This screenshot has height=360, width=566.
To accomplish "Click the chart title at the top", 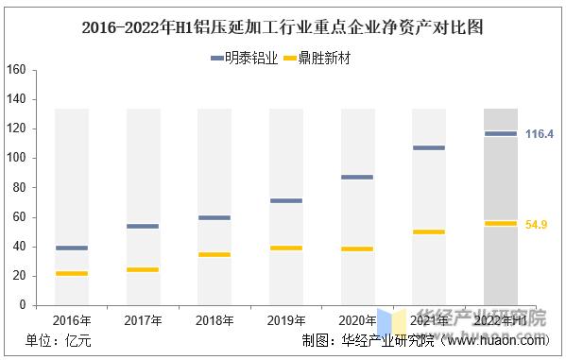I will pyautogui.click(x=283, y=26).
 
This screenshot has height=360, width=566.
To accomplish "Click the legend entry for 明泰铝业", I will pyautogui.click(x=244, y=58).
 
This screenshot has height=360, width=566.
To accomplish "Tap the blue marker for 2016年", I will pyautogui.click(x=71, y=248).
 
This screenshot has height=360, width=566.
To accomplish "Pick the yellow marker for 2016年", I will pyautogui.click(x=71, y=273).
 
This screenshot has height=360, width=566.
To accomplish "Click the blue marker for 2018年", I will pyautogui.click(x=214, y=217).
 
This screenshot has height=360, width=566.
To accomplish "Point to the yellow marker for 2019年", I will pyautogui.click(x=286, y=248).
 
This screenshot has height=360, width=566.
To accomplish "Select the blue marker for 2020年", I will pyautogui.click(x=357, y=177).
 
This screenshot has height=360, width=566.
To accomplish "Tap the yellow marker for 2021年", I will pyautogui.click(x=429, y=231).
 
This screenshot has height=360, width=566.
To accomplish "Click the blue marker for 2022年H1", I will pyautogui.click(x=501, y=133).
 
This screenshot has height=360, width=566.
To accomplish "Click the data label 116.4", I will pyautogui.click(x=539, y=134).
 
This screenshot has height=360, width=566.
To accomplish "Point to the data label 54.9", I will pyautogui.click(x=537, y=224).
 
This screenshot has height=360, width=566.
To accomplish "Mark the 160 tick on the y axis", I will pyautogui.click(x=15, y=70).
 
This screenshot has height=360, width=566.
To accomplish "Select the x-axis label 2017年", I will pyautogui.click(x=143, y=321).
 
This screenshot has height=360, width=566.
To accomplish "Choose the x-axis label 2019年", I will pyautogui.click(x=286, y=321).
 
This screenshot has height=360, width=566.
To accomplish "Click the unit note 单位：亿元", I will pyautogui.click(x=59, y=342).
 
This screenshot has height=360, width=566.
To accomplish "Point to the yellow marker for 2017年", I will pyautogui.click(x=143, y=269).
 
